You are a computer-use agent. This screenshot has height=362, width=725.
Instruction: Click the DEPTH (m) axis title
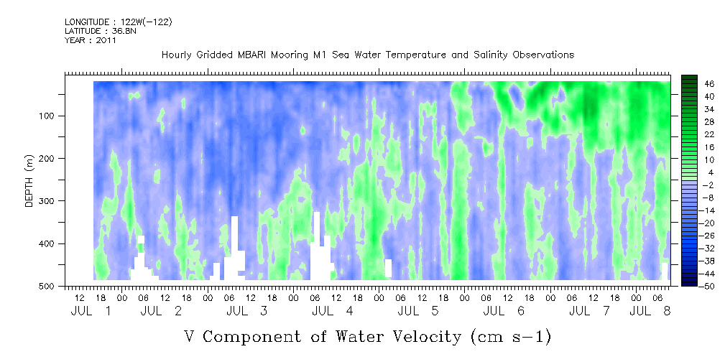(29, 184)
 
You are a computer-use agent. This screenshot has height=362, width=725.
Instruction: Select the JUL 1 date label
(91, 312)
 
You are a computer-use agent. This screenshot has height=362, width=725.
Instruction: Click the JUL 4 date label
(332, 312)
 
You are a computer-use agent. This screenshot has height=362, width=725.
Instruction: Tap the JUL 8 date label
(650, 312)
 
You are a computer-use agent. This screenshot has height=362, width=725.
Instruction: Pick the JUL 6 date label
(504, 312)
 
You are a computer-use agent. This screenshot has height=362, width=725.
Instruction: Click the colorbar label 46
(697, 84)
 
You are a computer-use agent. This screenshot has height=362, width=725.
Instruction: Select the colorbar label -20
(696, 223)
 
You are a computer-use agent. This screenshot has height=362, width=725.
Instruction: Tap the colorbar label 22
(697, 137)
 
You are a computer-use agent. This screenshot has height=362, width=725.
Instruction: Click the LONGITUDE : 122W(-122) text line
(119, 22)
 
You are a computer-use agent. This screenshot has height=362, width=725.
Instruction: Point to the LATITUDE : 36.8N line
(101, 31)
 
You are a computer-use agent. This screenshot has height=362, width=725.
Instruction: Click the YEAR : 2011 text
(91, 40)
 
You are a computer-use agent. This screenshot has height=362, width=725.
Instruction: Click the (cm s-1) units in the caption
(511, 337)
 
